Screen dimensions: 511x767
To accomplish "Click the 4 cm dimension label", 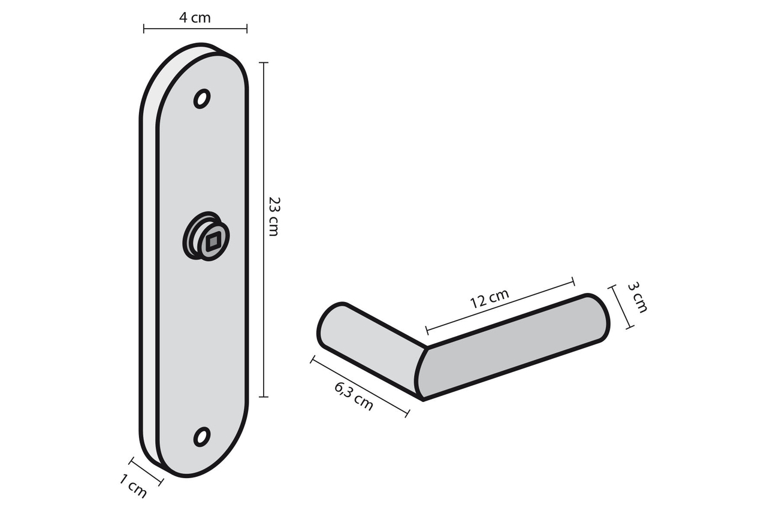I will point(195,17).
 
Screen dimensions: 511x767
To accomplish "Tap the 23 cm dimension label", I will point(273,216).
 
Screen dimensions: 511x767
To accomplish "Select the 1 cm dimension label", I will point(133,486).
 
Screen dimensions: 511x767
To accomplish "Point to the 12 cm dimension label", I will point(489,298).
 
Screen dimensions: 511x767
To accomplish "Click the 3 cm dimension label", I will point(637,297).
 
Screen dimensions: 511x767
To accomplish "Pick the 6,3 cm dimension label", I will point(354,396).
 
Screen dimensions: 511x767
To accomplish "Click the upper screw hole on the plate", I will point(202,98).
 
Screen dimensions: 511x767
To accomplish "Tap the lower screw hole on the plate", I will point(202,436).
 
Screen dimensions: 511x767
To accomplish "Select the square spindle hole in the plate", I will point(213,243).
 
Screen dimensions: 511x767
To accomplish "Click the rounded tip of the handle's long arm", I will point(596,318).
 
